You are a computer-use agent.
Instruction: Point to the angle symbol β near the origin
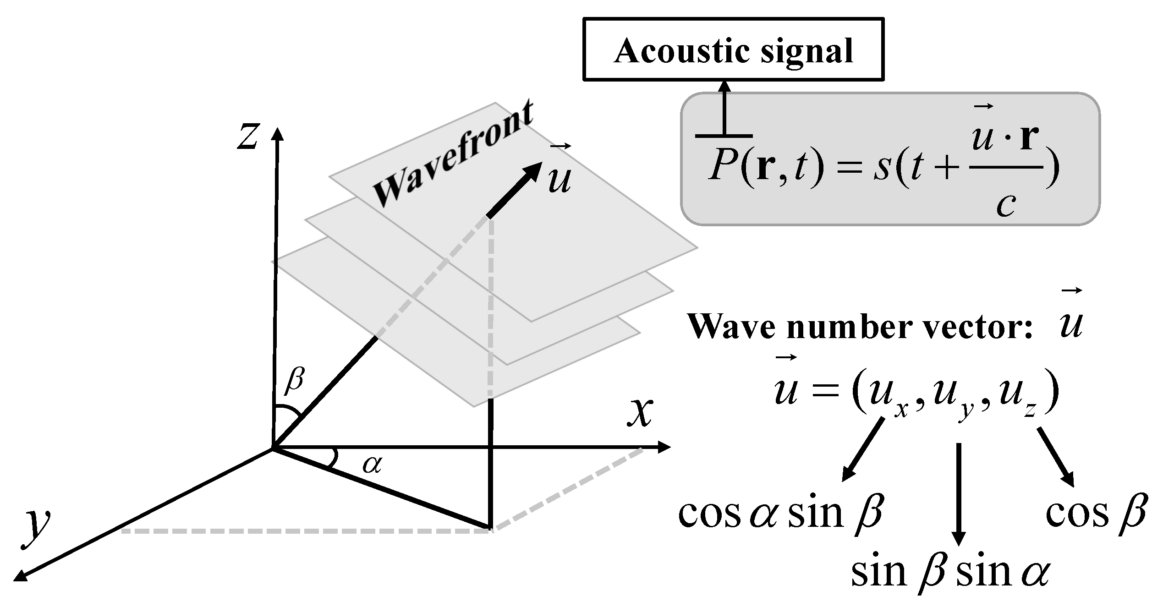tap(294, 381)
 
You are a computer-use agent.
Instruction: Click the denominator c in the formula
tap(1006, 205)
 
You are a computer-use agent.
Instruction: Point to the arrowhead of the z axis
tap(278, 134)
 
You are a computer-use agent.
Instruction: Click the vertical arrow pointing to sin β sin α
tap(958, 495)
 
